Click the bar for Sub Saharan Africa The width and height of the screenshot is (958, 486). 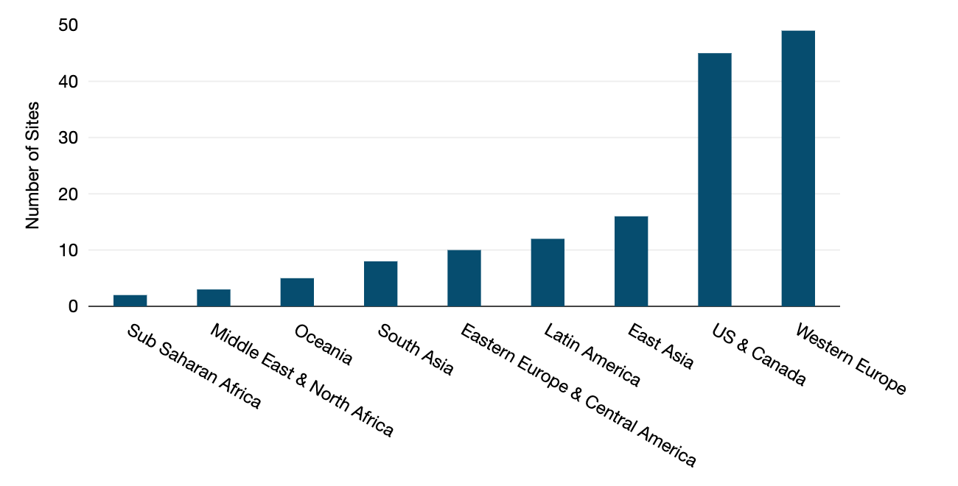coord(130,300)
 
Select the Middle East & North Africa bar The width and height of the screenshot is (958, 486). coord(214,297)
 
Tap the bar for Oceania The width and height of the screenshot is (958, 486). coord(297,292)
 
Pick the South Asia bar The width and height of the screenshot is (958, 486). coord(380,283)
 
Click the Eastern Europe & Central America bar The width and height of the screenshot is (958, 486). coord(464,278)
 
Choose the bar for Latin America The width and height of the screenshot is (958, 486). coord(548,272)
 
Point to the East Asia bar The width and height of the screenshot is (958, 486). coord(631,261)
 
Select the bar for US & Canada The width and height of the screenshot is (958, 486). coord(715,180)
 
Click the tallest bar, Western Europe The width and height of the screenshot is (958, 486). coord(798,169)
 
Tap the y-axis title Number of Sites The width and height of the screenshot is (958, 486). coord(32,166)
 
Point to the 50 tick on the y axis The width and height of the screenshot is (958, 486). coord(68,26)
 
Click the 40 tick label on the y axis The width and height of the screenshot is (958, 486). coord(68,82)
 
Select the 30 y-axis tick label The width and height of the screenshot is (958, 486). coord(68,138)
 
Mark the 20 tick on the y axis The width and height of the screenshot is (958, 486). coord(68,194)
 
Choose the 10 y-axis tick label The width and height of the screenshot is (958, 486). coord(68,250)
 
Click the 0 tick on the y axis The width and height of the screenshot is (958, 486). coord(73,306)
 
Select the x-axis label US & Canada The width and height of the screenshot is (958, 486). coord(759,355)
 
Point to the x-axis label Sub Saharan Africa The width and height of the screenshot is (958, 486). coord(194,366)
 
